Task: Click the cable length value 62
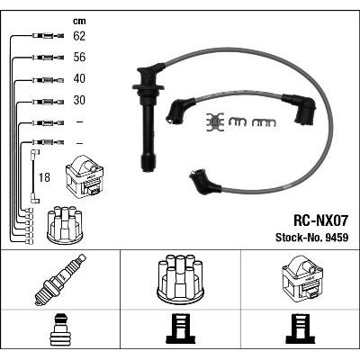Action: coord(79,36)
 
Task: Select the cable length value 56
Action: coord(79,58)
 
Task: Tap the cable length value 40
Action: coord(79,78)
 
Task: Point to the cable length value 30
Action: coord(79,100)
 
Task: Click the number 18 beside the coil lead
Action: coord(44,177)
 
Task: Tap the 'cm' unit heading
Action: coord(79,21)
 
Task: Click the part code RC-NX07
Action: coord(320,221)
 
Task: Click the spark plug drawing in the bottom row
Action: coord(60,279)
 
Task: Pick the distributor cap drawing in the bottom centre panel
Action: coord(180,278)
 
